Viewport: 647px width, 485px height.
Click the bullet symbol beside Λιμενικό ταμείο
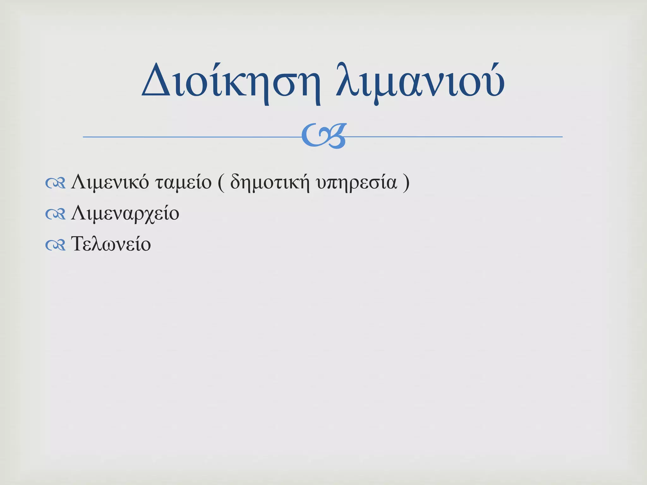pos(55,183)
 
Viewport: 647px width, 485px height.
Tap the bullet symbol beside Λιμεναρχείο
pos(55,214)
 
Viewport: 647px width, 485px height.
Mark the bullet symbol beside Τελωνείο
pos(55,245)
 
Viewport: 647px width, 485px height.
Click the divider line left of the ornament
pos(190,137)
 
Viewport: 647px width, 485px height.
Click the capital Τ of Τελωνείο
pos(78,244)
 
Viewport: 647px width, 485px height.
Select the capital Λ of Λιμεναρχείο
pos(78,213)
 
